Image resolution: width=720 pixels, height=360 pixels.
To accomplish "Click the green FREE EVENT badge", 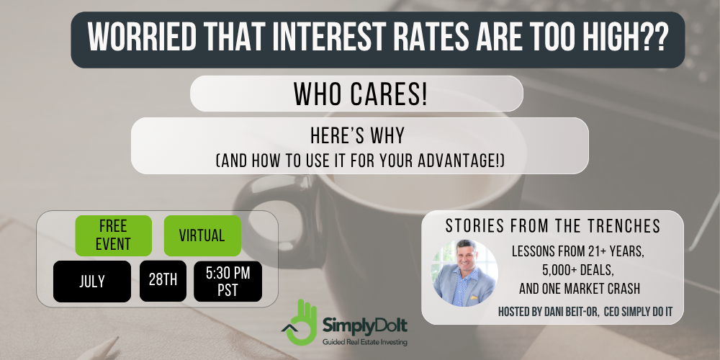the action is point(114,235).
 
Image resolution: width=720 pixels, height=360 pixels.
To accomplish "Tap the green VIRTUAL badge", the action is point(202,235).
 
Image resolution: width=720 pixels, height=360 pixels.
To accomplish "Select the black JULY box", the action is point(92,282).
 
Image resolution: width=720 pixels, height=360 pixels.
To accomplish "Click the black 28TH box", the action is point(163,281).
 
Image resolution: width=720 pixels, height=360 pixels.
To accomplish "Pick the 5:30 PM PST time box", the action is point(228,282).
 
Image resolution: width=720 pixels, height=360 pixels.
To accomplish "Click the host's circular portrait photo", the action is point(464,273).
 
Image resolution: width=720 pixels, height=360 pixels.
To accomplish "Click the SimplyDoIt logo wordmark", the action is point(364,326).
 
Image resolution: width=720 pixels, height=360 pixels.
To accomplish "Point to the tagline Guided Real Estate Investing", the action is point(364,342).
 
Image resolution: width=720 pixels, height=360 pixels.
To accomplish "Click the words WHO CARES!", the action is point(361,94).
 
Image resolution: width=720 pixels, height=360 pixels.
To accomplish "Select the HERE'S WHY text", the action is point(358,136).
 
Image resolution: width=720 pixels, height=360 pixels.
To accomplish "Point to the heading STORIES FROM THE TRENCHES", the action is point(553,226).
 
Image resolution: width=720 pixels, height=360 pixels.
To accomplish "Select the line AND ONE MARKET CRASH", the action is point(580,289).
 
